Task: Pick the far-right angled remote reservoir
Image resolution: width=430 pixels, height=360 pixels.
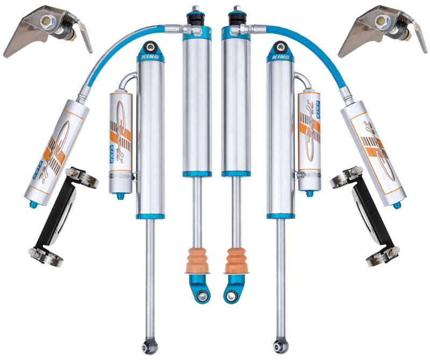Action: pos(374,151)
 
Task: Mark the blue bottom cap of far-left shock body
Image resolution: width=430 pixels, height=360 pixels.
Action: pos(151,216)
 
